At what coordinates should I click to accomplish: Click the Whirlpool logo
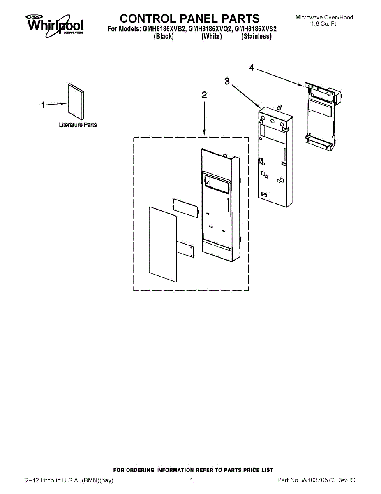click(x=55, y=24)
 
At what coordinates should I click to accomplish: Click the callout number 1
click(x=43, y=105)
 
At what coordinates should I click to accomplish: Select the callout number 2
click(x=204, y=95)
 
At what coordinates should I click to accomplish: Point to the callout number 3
click(x=227, y=81)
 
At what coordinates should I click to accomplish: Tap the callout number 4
click(x=252, y=68)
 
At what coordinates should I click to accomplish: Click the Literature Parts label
click(x=78, y=125)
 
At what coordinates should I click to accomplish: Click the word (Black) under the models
click(x=164, y=37)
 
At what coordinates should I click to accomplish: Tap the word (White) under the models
click(x=212, y=37)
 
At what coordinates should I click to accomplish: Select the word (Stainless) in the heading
click(x=256, y=37)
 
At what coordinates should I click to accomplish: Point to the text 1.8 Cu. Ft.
click(x=324, y=24)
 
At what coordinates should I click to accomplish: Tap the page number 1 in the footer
click(x=192, y=480)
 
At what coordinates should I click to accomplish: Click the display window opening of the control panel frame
click(x=216, y=184)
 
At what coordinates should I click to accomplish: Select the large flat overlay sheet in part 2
click(x=163, y=240)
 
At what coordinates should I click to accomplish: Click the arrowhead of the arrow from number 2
click(x=204, y=134)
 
